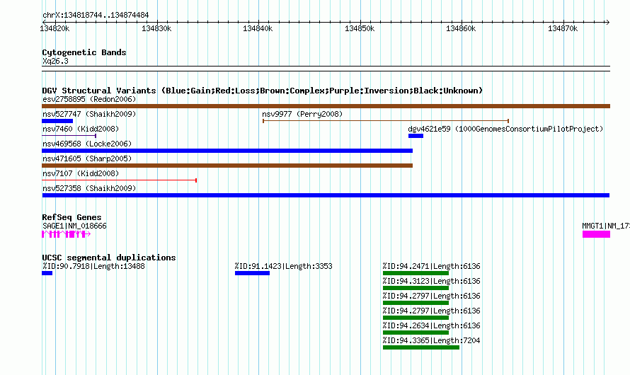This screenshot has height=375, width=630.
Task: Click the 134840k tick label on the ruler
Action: pos(258,28)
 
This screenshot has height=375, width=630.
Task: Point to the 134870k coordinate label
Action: pos(563,28)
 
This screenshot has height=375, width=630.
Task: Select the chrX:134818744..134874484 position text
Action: pos(96,16)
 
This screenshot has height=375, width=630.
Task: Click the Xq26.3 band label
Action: pos(55,61)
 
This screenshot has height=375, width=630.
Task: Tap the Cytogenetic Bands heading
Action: pos(84,52)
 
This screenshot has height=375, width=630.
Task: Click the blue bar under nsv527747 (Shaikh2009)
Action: pos(57,121)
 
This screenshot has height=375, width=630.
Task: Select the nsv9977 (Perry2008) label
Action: pos(302,114)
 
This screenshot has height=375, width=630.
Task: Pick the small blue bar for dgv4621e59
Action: pos(416,136)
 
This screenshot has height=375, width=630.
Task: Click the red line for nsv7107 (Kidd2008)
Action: pos(120,180)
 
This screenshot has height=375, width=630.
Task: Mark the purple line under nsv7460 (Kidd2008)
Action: pos(69,136)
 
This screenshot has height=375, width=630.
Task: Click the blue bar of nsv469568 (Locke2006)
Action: pos(227,151)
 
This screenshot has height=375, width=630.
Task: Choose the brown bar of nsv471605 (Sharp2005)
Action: pos(227,166)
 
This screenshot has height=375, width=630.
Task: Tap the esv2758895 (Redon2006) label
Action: pos(89,99)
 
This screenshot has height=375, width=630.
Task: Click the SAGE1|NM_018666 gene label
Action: pos(75,226)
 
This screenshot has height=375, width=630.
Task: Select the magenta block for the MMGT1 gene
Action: pos(596,234)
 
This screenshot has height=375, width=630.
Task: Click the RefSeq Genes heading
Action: pos(71,217)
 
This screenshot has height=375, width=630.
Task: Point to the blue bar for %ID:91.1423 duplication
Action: pos(252,273)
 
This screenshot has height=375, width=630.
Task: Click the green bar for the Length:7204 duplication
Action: pos(421,347)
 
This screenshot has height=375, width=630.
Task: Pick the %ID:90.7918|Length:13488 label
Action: pos(93,266)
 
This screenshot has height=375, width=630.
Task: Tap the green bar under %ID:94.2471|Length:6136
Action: pos(416,273)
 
